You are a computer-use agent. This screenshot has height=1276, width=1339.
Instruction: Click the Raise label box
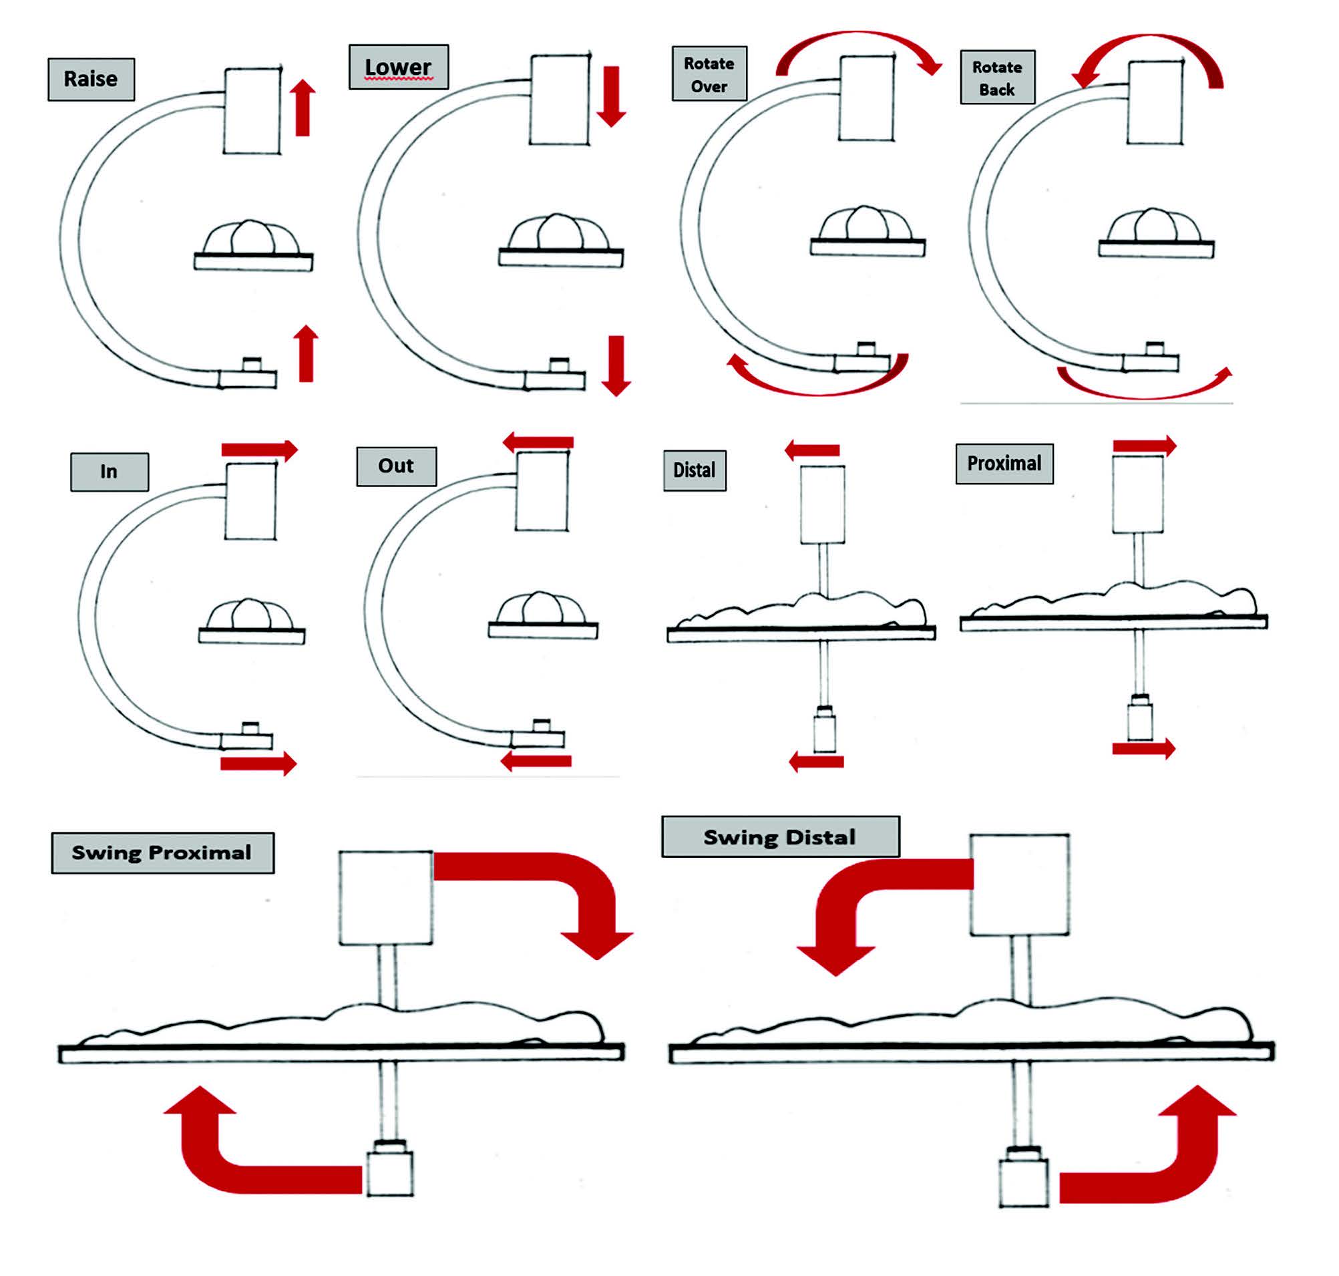coord(91,79)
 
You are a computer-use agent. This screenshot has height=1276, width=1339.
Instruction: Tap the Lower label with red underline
coord(399,67)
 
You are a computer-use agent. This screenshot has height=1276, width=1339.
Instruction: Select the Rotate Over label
coord(709,74)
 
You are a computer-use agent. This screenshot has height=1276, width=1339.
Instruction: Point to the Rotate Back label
coord(997,77)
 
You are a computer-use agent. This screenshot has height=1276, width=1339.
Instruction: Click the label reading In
coord(110,472)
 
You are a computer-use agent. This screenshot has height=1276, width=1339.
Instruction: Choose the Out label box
coord(397,466)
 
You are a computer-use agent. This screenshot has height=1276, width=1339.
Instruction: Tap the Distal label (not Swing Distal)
coord(695,470)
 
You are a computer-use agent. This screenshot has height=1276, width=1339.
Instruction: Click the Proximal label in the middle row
coord(1004,464)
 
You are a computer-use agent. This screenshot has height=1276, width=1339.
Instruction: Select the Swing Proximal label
coord(162,852)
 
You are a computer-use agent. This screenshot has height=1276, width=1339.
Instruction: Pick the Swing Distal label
coord(780,836)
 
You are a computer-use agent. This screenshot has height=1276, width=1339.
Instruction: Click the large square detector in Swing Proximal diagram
coord(385,897)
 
